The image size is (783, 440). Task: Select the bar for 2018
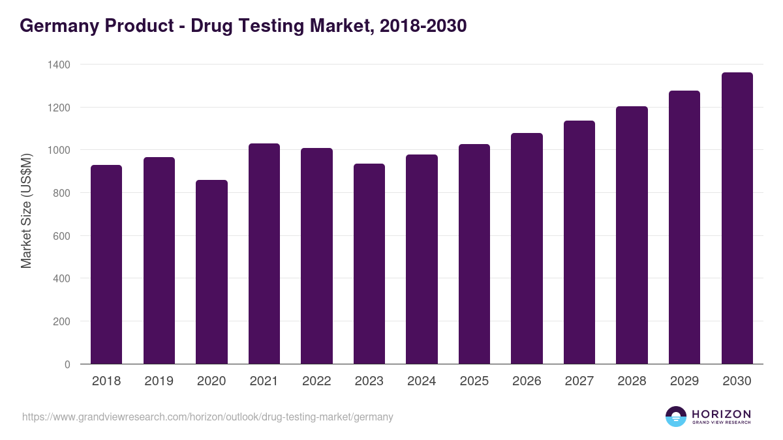point(106,265)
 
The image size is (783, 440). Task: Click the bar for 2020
point(211,272)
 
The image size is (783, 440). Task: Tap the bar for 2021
point(264,254)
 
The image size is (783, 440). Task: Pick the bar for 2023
point(369,264)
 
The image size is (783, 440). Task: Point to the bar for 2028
point(632,235)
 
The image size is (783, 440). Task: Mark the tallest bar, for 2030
point(737,218)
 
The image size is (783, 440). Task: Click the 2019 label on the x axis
point(159,381)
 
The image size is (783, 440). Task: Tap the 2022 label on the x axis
point(316,381)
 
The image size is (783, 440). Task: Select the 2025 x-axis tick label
point(474,381)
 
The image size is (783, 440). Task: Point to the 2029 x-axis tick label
point(684,381)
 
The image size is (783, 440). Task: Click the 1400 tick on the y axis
point(58,65)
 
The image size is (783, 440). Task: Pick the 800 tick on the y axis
point(61,193)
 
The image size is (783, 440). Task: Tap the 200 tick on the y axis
point(61,321)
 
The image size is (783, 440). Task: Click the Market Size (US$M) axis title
point(26,210)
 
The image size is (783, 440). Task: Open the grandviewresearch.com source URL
point(207,417)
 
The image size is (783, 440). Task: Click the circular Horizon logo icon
point(676,417)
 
